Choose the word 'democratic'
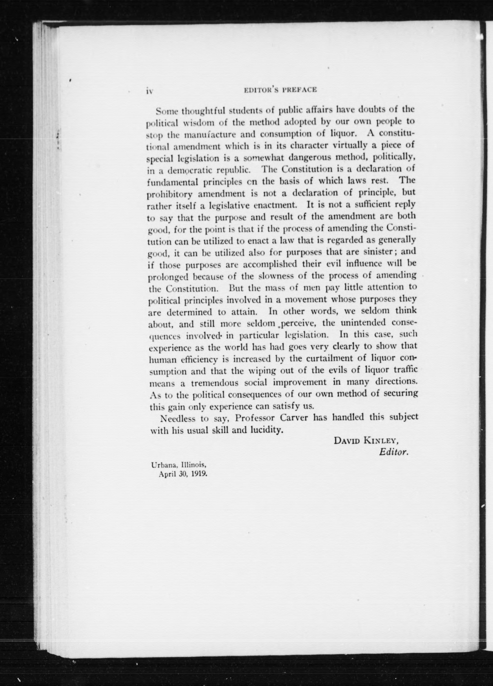click(190, 170)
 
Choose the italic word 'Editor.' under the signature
click(394, 452)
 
